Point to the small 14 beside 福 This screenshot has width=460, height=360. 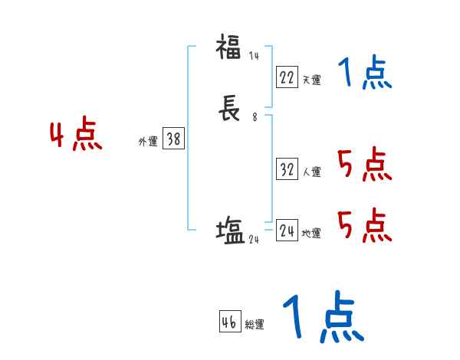[254, 56]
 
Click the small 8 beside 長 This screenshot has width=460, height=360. [254, 118]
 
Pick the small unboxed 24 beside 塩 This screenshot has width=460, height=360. [255, 239]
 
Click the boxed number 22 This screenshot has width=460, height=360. [287, 77]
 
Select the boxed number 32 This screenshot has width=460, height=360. [287, 169]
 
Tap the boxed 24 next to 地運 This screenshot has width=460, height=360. [287, 231]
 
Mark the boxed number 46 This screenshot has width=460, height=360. [229, 322]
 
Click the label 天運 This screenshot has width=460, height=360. [311, 80]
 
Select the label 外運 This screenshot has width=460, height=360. [147, 142]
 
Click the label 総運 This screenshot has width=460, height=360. [255, 325]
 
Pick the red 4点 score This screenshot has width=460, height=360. [76, 136]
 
